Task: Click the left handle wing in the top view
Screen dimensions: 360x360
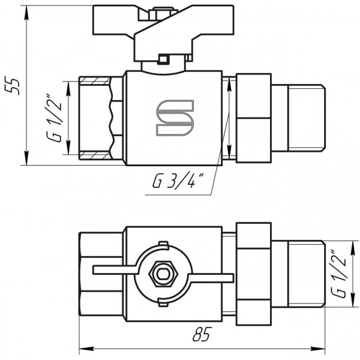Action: pyautogui.click(x=111, y=271)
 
